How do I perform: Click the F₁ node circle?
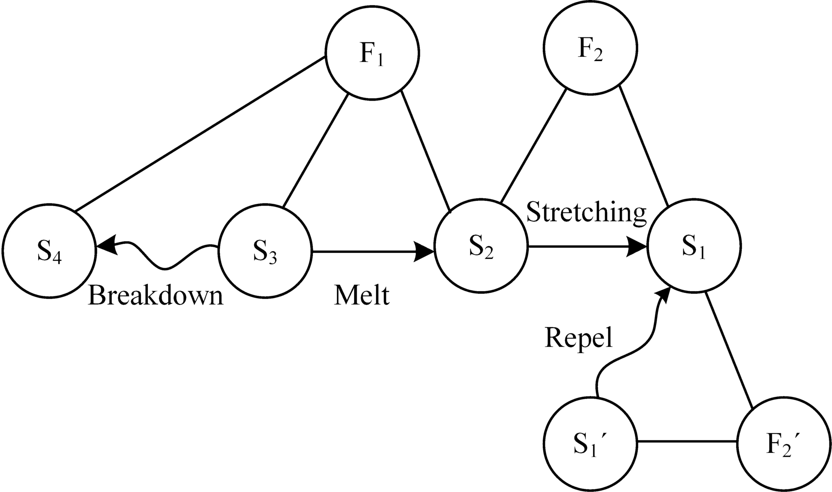tap(372, 52)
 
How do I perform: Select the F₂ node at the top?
tap(590, 48)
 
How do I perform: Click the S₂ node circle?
tap(481, 246)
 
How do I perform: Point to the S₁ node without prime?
tap(694, 246)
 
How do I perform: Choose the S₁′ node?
tap(590, 443)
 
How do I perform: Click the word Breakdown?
tap(156, 296)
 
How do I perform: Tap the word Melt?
tap(362, 296)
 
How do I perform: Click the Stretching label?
tap(586, 212)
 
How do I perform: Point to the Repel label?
tap(578, 338)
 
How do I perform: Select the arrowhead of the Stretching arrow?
tap(637, 247)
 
